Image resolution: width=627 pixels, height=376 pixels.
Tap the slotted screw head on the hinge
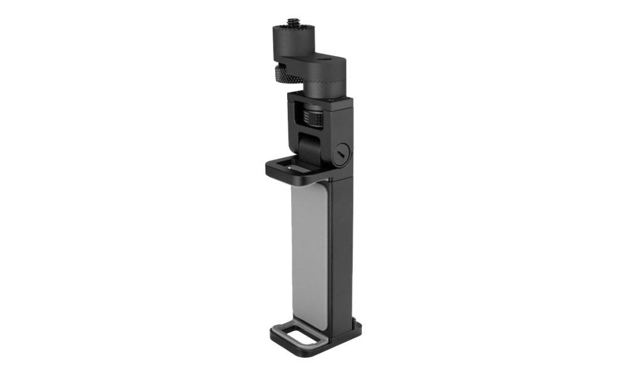340,153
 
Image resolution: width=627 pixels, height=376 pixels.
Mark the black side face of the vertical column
342,251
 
